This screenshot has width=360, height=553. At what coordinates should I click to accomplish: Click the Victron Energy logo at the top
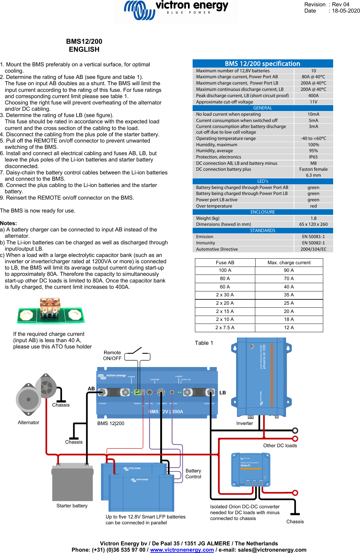(176, 10)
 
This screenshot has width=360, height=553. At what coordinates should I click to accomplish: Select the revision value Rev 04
(340, 5)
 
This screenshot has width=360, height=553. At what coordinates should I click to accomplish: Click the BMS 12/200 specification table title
(263, 64)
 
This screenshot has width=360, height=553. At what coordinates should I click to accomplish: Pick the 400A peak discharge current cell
(313, 95)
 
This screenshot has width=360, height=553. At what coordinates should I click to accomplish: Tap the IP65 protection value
(313, 157)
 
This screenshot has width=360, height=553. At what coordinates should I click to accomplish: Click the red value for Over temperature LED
(313, 206)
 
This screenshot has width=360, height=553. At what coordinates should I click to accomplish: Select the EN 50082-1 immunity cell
(313, 243)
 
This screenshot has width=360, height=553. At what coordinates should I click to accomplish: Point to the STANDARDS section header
(263, 230)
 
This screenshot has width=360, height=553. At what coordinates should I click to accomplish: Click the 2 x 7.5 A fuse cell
(225, 328)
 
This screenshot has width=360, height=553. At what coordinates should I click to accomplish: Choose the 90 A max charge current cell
(289, 270)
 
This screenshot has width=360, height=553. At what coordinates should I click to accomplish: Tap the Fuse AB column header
(225, 263)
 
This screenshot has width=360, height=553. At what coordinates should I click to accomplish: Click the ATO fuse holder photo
(51, 311)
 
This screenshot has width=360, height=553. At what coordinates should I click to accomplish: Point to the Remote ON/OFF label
(112, 355)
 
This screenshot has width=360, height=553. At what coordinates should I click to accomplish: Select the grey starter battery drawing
(72, 482)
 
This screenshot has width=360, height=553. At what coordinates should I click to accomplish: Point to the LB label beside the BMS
(222, 393)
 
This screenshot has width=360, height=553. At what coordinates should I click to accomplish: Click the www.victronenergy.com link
(182, 550)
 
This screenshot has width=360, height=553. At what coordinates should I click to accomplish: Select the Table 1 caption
(204, 343)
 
